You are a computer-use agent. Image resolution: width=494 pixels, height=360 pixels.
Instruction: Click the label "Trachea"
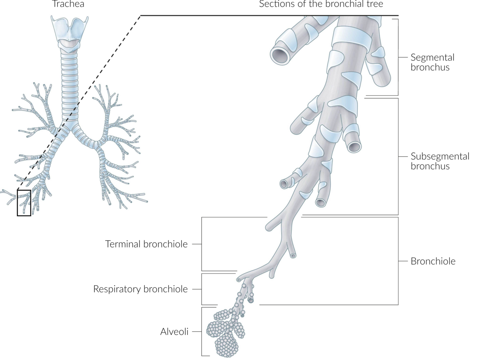coord(68,4)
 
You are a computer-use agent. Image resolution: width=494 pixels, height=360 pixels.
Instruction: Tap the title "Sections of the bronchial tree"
coord(321,4)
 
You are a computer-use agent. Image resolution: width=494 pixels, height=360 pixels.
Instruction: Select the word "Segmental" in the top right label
coord(432,57)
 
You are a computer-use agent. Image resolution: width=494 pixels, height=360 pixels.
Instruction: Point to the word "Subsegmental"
coord(440,156)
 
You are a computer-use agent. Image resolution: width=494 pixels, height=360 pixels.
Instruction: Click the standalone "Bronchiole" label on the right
coord(433,261)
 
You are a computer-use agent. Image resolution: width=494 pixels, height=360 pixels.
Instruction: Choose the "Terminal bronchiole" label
coord(146,244)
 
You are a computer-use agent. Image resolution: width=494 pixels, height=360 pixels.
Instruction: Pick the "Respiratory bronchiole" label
coord(140,289)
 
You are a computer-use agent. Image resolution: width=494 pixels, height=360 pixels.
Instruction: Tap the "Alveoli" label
coord(174,332)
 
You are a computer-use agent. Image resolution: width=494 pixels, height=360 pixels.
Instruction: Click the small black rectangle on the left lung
coord(24,203)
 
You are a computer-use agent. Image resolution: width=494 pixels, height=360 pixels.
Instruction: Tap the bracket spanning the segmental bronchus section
coord(398,57)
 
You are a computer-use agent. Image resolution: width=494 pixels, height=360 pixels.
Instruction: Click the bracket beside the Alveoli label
coord(202,332)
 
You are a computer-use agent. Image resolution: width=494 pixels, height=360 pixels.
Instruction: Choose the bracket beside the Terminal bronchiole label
coord(202,244)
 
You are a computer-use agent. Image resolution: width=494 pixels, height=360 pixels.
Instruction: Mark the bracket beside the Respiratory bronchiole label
coord(202,289)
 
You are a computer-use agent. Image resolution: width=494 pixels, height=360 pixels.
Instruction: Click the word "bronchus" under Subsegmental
coord(430,166)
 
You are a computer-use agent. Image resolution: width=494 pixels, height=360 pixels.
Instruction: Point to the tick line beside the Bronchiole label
coord(403,261)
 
